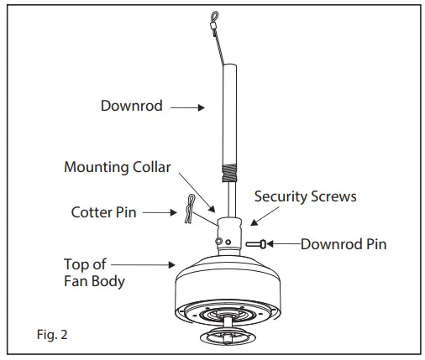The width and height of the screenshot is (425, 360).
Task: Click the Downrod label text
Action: pyautogui.click(x=132, y=108)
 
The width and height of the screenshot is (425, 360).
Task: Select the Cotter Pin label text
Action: pyautogui.click(x=104, y=212)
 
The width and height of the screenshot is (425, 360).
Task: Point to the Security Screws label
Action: pyautogui.click(x=305, y=196)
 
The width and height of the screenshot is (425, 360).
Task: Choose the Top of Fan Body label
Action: pyautogui.click(x=94, y=272)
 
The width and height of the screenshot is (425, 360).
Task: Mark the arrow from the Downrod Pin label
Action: pyautogui.click(x=286, y=244)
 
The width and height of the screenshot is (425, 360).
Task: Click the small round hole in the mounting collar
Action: pyautogui.click(x=218, y=241)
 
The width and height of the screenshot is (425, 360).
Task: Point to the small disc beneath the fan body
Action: pyautogui.click(x=229, y=337)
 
